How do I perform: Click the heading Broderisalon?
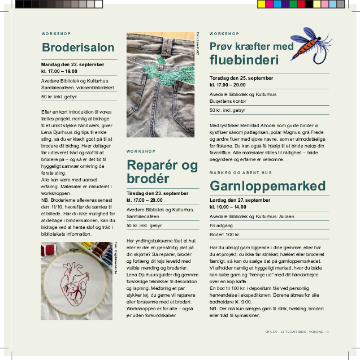click(78, 47)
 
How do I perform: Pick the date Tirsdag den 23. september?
click(158, 193)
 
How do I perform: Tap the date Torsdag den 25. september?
click(241, 77)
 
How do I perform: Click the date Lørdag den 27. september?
click(240, 200)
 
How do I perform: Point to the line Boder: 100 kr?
click(225, 233)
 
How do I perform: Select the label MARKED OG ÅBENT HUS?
click(240, 172)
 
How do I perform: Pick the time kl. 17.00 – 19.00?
click(59, 71)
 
